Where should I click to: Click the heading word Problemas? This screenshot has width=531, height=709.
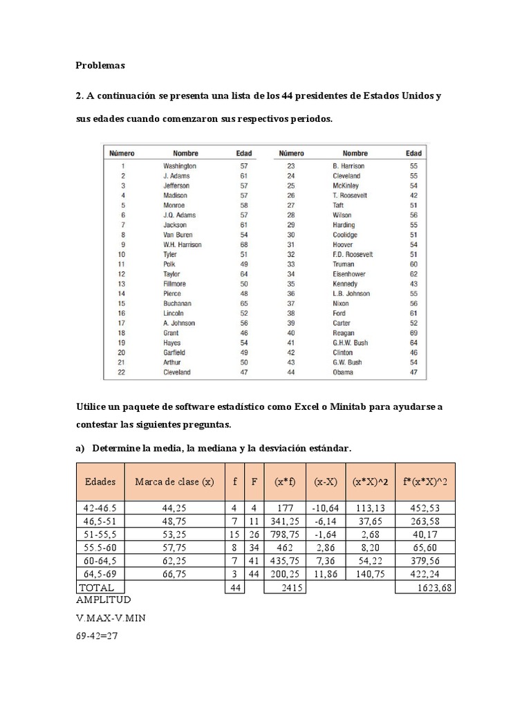point(100,66)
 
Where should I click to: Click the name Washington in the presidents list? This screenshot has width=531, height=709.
point(180,166)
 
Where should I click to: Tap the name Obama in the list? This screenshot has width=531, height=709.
point(342,372)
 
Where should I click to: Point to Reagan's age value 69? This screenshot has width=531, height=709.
point(413,333)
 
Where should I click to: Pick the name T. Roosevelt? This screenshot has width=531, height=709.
point(350,195)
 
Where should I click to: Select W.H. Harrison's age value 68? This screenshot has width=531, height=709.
point(244,244)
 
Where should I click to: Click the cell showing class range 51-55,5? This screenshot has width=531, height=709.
point(101,535)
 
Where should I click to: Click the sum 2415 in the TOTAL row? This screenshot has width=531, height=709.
point(294,588)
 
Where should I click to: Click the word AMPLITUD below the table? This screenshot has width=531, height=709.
point(104,600)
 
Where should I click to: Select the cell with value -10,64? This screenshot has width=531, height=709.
point(325,508)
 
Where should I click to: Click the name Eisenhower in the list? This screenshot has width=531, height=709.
point(349,274)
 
